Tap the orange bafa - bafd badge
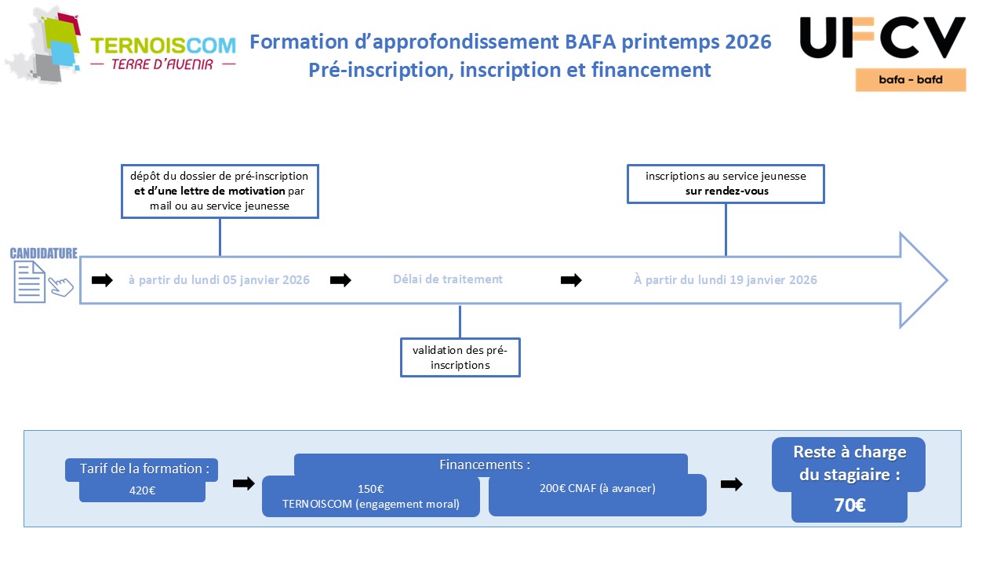910,80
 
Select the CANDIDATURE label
43,253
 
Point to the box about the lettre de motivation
220,191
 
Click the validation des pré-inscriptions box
460,357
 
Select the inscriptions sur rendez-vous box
726,184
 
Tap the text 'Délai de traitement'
448,279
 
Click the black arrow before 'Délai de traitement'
340,280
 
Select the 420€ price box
142,491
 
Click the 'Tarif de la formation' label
144,468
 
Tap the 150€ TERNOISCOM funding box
370,496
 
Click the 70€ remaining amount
849,506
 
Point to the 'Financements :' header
485,465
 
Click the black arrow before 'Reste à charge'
731,484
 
